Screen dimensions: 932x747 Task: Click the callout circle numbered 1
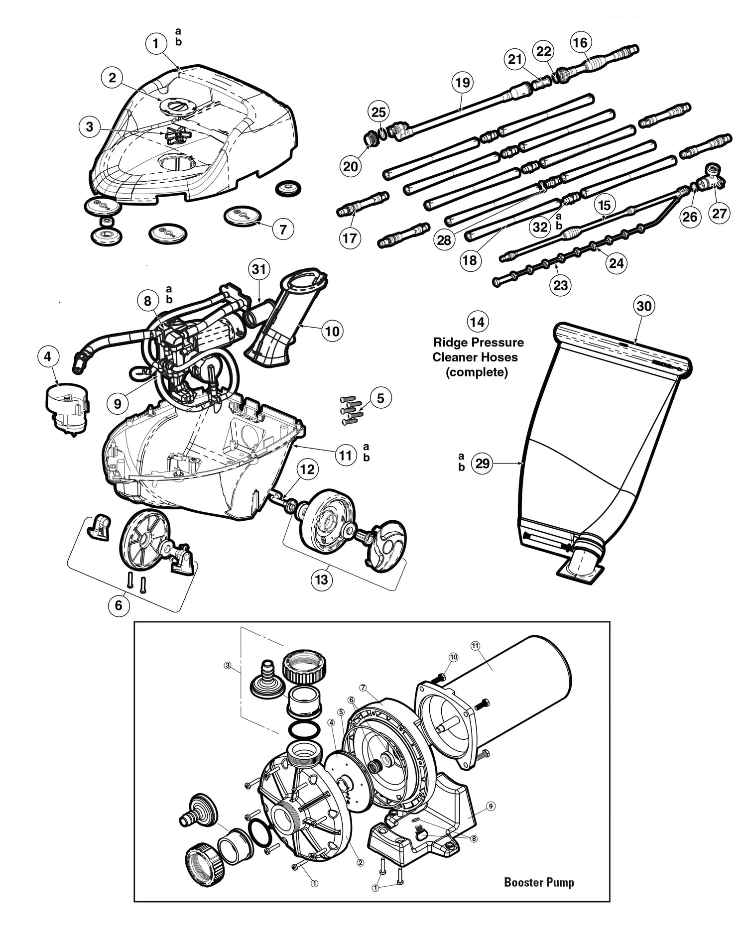pyautogui.click(x=156, y=44)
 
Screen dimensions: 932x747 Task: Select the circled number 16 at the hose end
pyautogui.click(x=580, y=42)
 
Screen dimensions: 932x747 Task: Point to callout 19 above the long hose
pyautogui.click(x=463, y=82)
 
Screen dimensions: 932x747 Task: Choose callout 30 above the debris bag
pyautogui.click(x=644, y=306)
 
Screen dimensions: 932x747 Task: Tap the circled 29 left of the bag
pyautogui.click(x=482, y=464)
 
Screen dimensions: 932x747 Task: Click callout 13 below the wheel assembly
pyautogui.click(x=321, y=580)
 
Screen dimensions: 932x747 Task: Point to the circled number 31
pyautogui.click(x=259, y=270)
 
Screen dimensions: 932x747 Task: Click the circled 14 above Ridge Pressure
pyautogui.click(x=477, y=322)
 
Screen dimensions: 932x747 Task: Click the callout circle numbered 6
pyautogui.click(x=119, y=604)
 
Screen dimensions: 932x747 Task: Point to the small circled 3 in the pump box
pyautogui.click(x=227, y=665)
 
